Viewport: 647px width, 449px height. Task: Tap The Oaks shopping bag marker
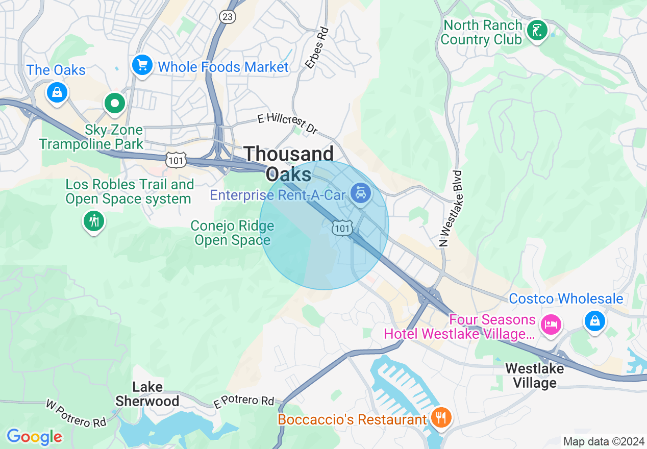click(57, 92)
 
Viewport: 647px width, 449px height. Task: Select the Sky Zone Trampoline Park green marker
click(115, 104)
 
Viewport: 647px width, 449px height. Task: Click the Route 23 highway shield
click(228, 16)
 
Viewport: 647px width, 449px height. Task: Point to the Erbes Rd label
click(317, 47)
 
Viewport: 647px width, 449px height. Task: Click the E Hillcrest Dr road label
click(287, 124)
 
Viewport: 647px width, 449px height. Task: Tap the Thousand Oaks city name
click(289, 163)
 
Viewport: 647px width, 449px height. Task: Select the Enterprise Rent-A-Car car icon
click(361, 194)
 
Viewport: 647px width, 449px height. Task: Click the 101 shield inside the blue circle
click(342, 229)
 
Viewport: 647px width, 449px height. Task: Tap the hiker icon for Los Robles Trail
click(94, 221)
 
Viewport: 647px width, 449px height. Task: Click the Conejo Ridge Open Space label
click(232, 233)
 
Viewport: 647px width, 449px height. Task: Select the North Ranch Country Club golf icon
click(537, 31)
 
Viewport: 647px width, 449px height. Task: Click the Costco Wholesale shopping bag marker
click(595, 321)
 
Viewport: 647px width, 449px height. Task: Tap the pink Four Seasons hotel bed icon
click(551, 324)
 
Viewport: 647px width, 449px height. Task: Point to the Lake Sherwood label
click(147, 394)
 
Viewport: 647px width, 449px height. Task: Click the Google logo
click(35, 437)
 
